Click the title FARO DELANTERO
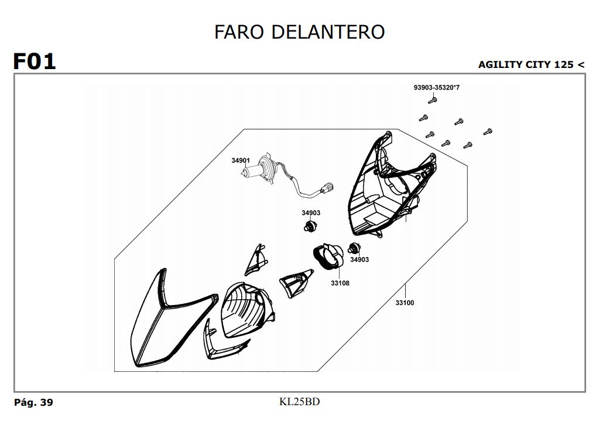click(x=299, y=32)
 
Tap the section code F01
click(x=35, y=61)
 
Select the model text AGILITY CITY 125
click(x=526, y=64)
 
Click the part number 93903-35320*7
click(x=436, y=88)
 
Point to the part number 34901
click(x=240, y=160)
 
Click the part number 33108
click(x=340, y=283)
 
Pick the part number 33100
click(x=405, y=303)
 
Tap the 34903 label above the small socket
click(x=311, y=213)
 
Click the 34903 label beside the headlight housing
click(x=359, y=259)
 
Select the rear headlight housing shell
click(x=389, y=187)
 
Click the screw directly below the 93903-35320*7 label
click(x=433, y=101)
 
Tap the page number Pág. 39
click(x=33, y=403)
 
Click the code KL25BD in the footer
click(x=300, y=402)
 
